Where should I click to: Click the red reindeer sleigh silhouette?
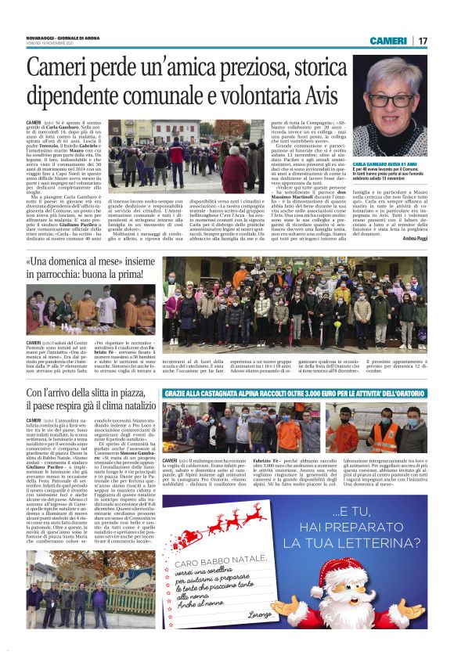210,524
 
